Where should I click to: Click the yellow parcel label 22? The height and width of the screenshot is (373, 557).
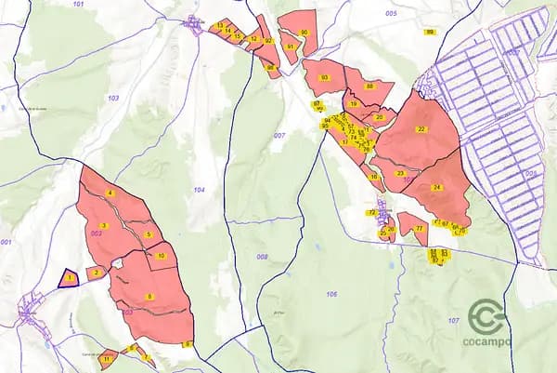coord(421,129)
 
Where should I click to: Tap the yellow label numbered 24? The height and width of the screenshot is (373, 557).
coord(436,187)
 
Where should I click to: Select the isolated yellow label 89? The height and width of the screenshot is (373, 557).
coord(430,32)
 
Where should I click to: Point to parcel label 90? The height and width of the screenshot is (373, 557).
coord(304,32)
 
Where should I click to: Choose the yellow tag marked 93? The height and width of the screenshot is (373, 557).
coord(324,77)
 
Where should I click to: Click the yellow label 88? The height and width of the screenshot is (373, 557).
coord(369,86)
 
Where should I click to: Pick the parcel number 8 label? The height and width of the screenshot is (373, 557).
coord(149,297)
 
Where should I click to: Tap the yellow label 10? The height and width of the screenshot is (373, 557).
coord(162,255)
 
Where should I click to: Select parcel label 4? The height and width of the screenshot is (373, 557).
coord(110,193)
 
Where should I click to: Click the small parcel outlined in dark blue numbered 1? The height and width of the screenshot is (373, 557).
coord(69,277)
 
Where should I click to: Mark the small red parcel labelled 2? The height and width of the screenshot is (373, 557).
coord(95,273)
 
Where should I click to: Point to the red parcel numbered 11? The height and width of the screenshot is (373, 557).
coord(108,357)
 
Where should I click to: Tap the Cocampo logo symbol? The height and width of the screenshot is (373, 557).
coord(486,316)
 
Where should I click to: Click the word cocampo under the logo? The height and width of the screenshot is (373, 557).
coord(486,341)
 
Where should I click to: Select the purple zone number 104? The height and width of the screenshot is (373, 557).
coord(199,190)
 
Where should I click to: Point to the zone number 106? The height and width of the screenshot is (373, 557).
coord(331,294)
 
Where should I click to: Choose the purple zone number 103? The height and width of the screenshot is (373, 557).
coord(113,98)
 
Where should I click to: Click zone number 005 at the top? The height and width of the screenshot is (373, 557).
coord(390,13)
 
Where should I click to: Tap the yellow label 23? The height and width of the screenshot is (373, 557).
coord(400,173)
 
